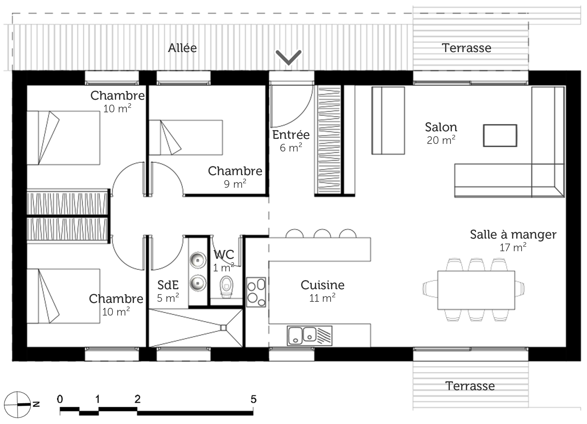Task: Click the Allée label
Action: tap(182, 48)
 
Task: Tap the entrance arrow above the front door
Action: tap(288, 57)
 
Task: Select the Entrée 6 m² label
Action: tap(291, 141)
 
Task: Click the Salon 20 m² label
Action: tap(441, 133)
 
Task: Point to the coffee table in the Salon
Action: tap(500, 135)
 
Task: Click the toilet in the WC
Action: tap(226, 286)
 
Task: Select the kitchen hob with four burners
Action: tap(256, 292)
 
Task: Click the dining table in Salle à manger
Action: tap(476, 290)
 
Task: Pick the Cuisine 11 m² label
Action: tap(322, 291)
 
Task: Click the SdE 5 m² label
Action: tap(168, 291)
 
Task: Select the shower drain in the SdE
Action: tap(223, 328)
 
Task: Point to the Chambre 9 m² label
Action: tap(235, 177)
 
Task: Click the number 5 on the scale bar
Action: tap(253, 399)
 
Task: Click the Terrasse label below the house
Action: tap(470, 386)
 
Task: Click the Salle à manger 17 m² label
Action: tap(513, 240)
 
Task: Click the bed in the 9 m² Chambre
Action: tap(186, 137)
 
